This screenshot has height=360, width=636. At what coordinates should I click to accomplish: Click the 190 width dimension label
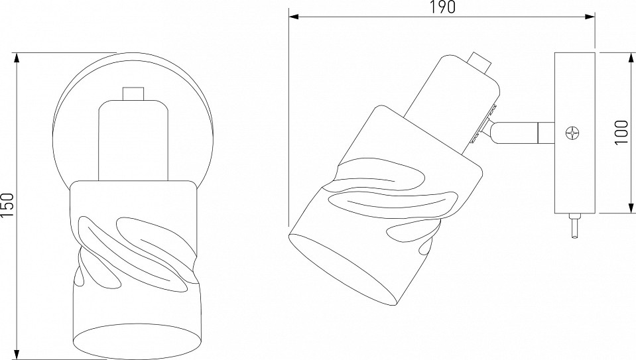click(442, 7)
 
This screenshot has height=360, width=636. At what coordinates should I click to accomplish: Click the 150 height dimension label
click(7, 206)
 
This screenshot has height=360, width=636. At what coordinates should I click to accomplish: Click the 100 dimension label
click(623, 132)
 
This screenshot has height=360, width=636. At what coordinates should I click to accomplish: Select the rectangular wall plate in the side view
click(575, 133)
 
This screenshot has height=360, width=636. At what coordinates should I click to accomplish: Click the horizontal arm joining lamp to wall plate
click(523, 133)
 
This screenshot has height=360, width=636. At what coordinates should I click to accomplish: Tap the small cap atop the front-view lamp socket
click(133, 93)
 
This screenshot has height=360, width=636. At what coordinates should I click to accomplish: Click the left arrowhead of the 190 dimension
click(294, 17)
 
